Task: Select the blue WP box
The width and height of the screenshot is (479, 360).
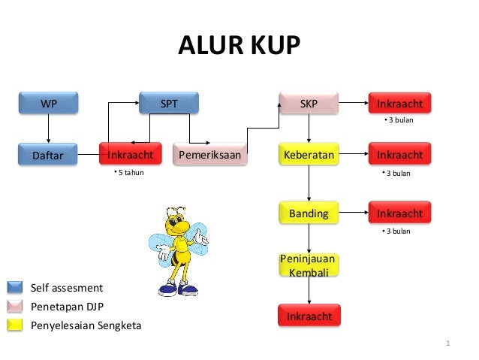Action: tap(48, 104)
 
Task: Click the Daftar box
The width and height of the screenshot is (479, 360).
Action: tap(48, 156)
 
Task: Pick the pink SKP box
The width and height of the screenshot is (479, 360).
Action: tap(308, 104)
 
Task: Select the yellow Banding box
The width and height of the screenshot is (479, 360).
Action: tap(309, 213)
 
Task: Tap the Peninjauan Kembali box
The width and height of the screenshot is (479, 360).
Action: tap(309, 265)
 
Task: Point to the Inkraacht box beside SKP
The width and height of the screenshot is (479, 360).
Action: tap(399, 104)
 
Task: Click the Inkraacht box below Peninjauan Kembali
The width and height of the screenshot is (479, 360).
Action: tap(309, 316)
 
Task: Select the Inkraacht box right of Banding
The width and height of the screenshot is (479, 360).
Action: tap(399, 213)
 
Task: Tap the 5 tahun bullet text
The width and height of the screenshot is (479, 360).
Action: tap(128, 173)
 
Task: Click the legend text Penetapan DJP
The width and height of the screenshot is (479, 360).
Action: tap(67, 307)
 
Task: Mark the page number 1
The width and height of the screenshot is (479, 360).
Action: tap(447, 345)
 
